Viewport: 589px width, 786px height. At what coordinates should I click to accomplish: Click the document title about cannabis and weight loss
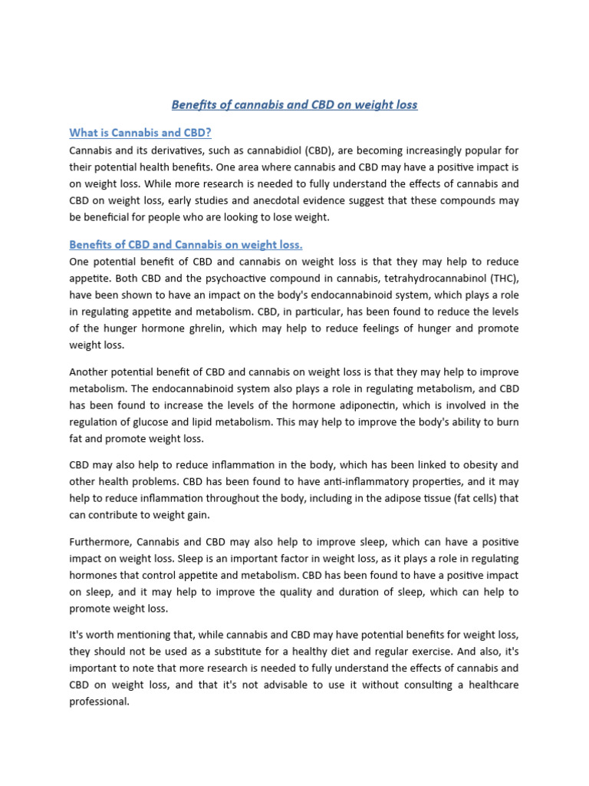click(x=294, y=104)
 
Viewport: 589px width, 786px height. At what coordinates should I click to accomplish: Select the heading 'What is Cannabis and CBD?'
click(x=140, y=133)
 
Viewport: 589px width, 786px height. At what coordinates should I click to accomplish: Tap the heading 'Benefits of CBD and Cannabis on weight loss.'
click(x=186, y=245)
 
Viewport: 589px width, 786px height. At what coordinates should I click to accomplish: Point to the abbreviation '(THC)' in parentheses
click(x=500, y=278)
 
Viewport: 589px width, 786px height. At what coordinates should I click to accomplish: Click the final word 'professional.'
click(x=100, y=702)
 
